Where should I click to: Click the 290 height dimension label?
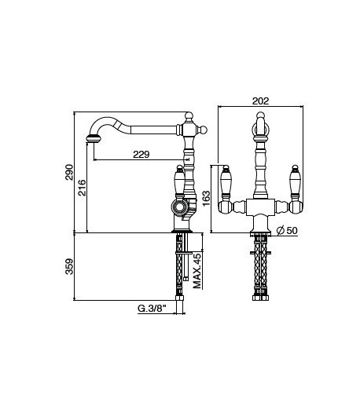[x=69, y=172]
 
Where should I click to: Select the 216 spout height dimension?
[x=82, y=188]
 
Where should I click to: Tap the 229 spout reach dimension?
[x=141, y=154]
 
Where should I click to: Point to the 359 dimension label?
[x=69, y=266]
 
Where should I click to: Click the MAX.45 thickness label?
[x=197, y=271]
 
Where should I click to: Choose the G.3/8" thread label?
[x=152, y=309]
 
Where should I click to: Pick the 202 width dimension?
[x=261, y=101]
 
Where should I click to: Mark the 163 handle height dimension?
[x=206, y=199]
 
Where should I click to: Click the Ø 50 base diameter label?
[x=287, y=230]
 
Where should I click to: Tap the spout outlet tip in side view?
[x=93, y=138]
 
